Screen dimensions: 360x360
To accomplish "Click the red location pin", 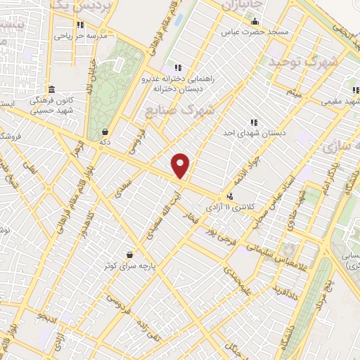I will [181, 165].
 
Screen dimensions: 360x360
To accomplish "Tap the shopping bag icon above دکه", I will [105, 131].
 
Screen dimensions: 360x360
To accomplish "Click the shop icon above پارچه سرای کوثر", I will [130, 255].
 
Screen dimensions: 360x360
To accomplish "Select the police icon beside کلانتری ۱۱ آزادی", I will [231, 198].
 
